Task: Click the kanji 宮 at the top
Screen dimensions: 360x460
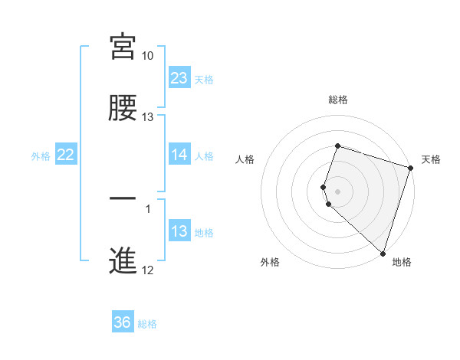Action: click(x=123, y=47)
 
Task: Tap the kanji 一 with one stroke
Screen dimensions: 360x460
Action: click(x=123, y=198)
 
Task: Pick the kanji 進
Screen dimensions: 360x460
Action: click(x=123, y=260)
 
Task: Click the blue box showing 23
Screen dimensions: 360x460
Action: click(x=179, y=77)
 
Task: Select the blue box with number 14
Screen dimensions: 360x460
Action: click(x=179, y=155)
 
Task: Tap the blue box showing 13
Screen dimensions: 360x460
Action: click(x=179, y=231)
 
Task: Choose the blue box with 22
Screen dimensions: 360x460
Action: click(x=66, y=155)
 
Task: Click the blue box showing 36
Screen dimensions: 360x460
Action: click(x=123, y=322)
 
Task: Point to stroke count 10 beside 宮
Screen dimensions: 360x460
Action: click(x=147, y=56)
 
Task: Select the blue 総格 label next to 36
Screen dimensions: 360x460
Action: click(x=147, y=324)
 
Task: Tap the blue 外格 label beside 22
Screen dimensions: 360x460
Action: click(x=41, y=155)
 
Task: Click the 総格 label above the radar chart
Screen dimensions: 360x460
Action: click(x=338, y=100)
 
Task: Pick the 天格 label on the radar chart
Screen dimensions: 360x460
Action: click(x=431, y=159)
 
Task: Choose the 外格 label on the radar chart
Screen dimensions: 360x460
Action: click(x=270, y=262)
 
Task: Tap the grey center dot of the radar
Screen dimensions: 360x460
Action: click(x=338, y=191)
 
